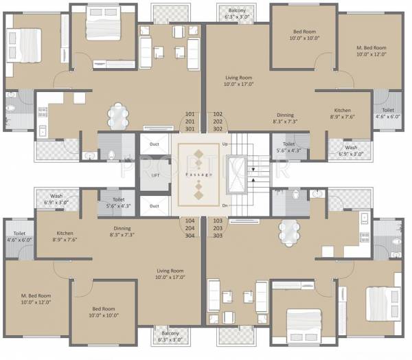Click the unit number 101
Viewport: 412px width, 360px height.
point(190,113)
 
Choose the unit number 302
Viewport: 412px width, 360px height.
point(218,128)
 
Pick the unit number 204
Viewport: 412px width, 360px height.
point(190,229)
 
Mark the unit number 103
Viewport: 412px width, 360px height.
point(218,221)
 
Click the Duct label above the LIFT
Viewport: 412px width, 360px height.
point(154,144)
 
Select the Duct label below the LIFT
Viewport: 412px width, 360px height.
point(154,205)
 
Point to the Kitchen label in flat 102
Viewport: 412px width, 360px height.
point(343,111)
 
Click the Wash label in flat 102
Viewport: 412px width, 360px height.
point(351,147)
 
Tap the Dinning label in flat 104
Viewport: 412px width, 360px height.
point(124,229)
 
